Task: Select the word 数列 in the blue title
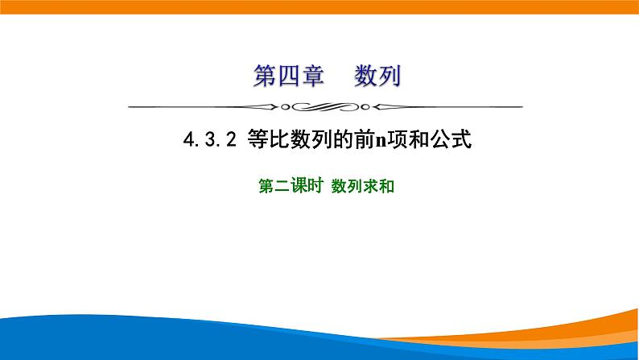click(377, 78)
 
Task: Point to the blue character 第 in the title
click(265, 78)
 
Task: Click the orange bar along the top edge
click(319, 6)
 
